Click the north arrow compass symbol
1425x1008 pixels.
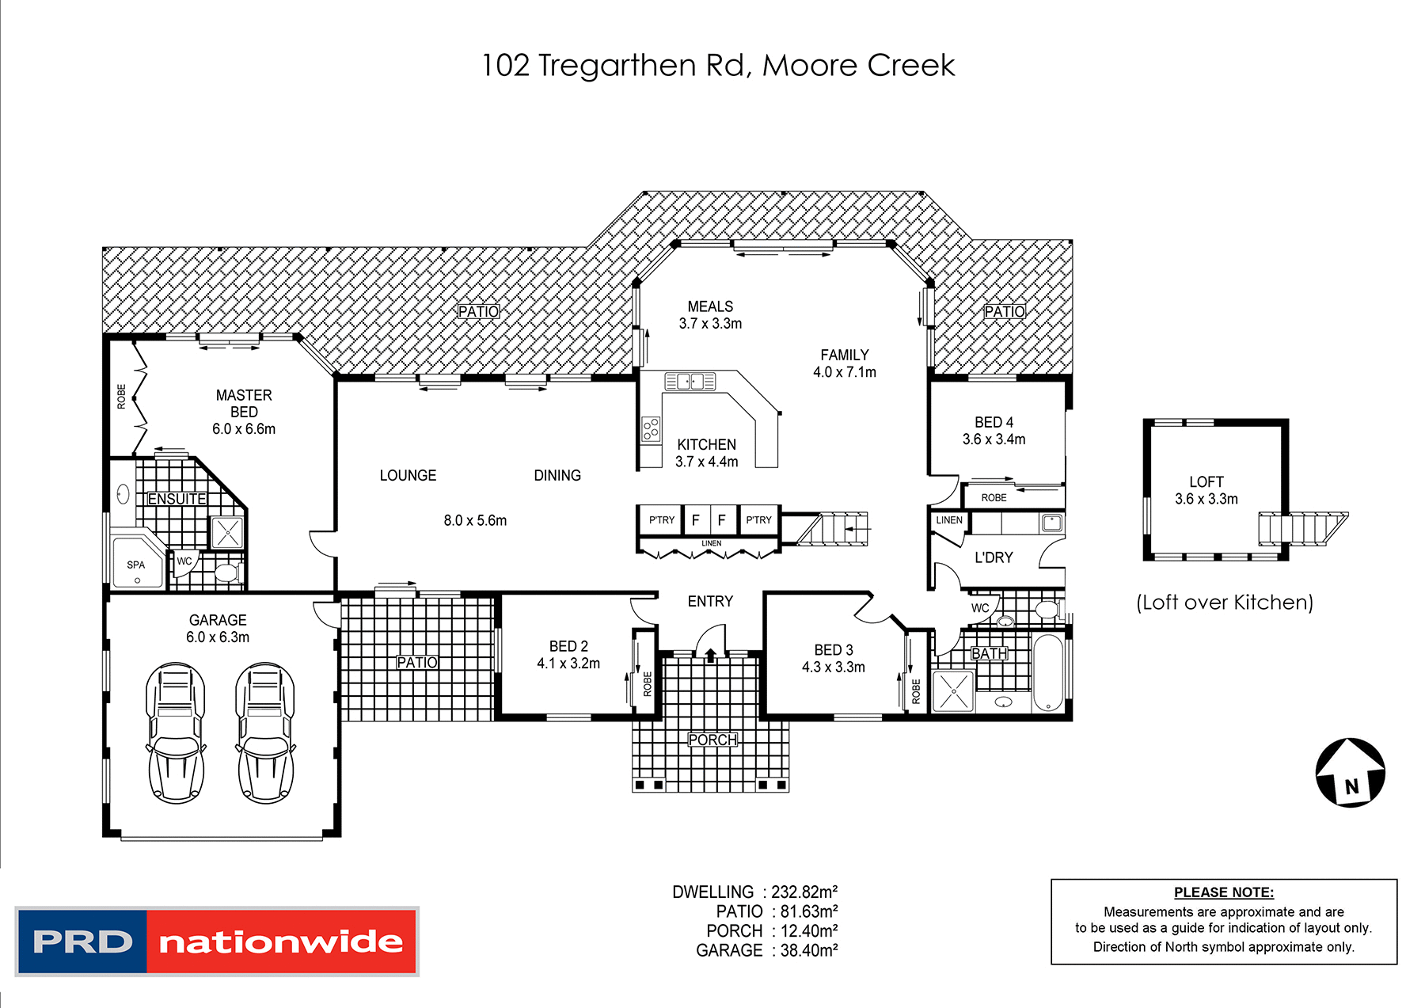tap(1351, 773)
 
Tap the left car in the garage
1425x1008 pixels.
tap(175, 732)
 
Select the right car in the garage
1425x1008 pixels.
tap(265, 732)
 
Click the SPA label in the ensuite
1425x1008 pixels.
tap(135, 565)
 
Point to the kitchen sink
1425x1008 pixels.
tap(690, 382)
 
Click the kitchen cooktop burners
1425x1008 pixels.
tap(651, 429)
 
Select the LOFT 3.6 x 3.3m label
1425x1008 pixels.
tap(1206, 490)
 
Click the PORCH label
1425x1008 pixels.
tap(712, 740)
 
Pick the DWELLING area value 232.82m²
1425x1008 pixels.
tap(804, 892)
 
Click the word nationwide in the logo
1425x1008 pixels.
tap(281, 941)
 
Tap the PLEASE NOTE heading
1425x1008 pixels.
tap(1223, 892)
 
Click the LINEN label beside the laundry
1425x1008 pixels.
tap(948, 520)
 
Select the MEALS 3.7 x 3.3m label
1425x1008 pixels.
tap(710, 314)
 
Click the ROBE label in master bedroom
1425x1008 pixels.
tap(121, 396)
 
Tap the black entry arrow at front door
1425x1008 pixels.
tap(710, 655)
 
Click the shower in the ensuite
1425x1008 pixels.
tap(227, 532)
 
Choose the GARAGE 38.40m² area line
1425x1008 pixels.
tap(766, 950)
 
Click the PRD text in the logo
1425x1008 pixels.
tap(82, 941)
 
